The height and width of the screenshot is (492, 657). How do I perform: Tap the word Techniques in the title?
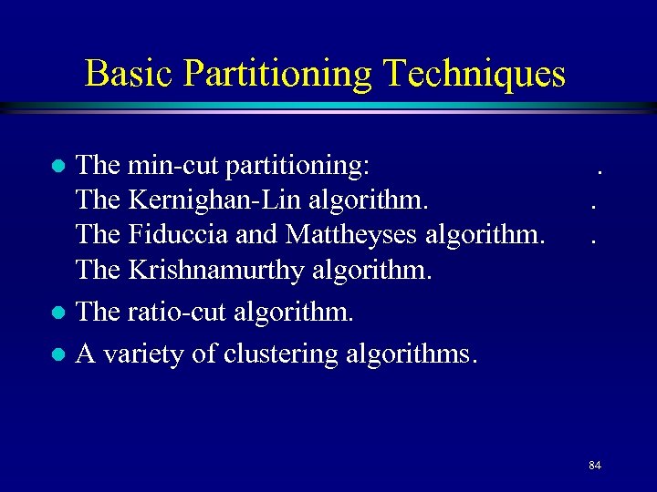[474, 73]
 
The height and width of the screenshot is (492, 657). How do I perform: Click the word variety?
[145, 354]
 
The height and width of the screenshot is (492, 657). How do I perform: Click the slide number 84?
[595, 466]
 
